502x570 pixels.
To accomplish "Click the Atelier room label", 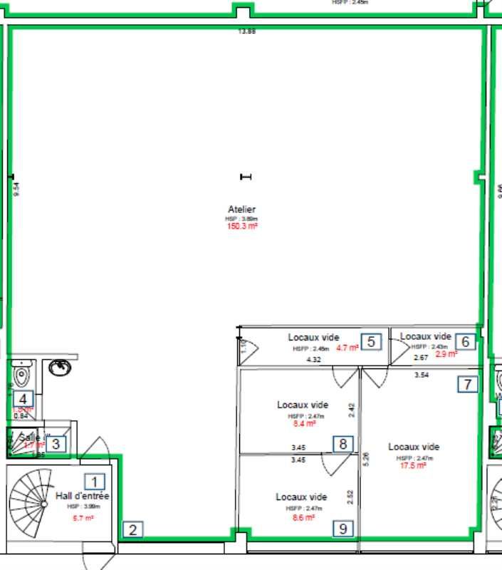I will [x=241, y=209].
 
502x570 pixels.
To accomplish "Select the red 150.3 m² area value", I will [x=241, y=227].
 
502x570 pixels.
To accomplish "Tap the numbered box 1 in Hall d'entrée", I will [x=94, y=482].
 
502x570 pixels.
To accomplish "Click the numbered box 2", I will [x=132, y=529].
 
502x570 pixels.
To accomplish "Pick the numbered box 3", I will [x=57, y=444].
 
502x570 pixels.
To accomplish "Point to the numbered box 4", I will [x=23, y=399].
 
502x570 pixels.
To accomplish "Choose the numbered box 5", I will [x=371, y=341].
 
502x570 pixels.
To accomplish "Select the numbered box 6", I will [x=465, y=341].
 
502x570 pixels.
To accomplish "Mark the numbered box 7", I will [x=467, y=385].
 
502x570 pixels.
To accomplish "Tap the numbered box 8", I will [x=343, y=444].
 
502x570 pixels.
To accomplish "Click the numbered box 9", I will [x=343, y=528].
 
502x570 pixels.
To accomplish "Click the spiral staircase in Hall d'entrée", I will [x=31, y=498].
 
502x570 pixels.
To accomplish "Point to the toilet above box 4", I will [x=22, y=373].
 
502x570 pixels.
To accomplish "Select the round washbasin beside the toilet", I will [x=59, y=368].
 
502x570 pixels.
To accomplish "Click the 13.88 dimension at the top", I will [x=246, y=31].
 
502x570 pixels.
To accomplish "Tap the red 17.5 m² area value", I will [x=413, y=465].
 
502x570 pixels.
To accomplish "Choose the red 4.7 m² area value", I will [x=347, y=348].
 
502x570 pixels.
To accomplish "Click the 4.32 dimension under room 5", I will [x=313, y=361].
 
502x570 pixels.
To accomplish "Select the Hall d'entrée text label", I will [x=83, y=496].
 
